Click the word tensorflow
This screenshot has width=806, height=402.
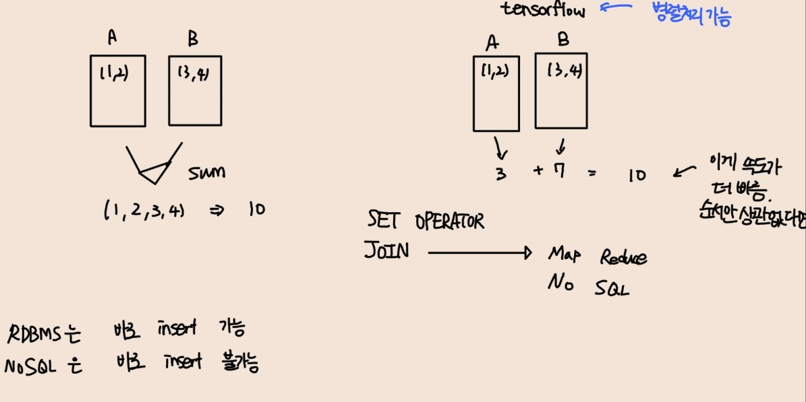coord(542,10)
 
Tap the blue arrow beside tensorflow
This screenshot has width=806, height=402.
coord(614,9)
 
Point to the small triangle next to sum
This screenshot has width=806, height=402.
coord(154,171)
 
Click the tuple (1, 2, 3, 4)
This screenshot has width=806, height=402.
coord(144,211)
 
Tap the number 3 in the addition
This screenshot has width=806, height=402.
coord(500,173)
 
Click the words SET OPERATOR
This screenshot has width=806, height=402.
coord(426,220)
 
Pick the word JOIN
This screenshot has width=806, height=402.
coord(386,250)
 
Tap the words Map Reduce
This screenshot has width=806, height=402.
coord(598,256)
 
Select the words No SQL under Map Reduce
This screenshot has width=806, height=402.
coord(588,287)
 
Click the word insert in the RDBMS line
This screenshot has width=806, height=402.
coord(177,329)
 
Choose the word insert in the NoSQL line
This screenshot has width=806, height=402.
coord(183,362)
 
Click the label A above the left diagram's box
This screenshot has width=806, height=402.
coord(113,38)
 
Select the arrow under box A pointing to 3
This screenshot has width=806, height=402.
coord(500,146)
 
